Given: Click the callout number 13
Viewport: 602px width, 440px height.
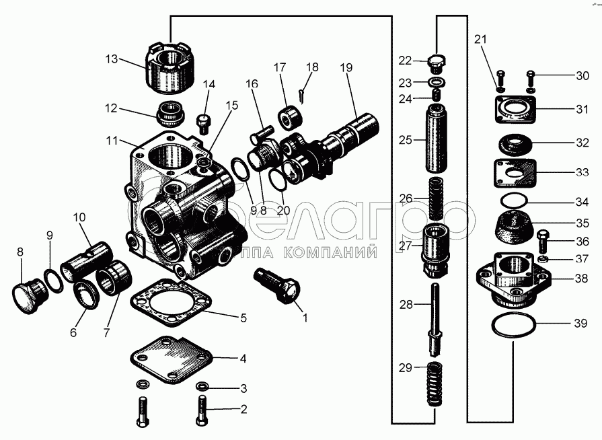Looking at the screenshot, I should point(111,59).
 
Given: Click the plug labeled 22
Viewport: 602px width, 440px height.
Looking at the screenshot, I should point(438,63).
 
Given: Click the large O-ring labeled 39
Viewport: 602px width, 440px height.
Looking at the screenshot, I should point(515,326).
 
